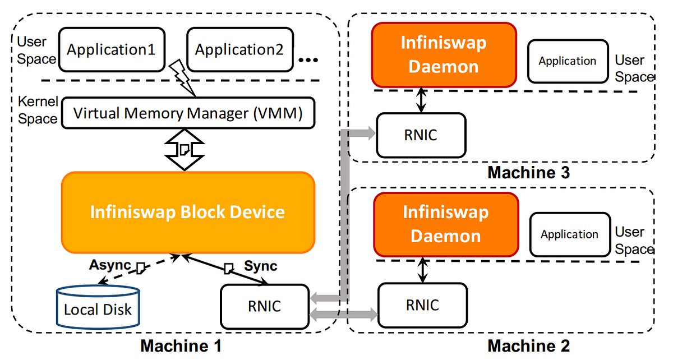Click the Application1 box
pyautogui.click(x=111, y=50)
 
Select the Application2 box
pyautogui.click(x=239, y=50)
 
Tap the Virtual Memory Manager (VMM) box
pyautogui.click(x=188, y=114)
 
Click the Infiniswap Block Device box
pyautogui.click(x=188, y=212)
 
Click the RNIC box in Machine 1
pyautogui.click(x=265, y=306)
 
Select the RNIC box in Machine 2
pyautogui.click(x=423, y=305)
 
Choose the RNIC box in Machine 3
pyautogui.click(x=421, y=135)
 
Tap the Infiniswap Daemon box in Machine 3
pyautogui.click(x=444, y=55)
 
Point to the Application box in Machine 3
pyautogui.click(x=568, y=61)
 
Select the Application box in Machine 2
pyautogui.click(x=570, y=234)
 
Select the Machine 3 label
pyautogui.click(x=528, y=172)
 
